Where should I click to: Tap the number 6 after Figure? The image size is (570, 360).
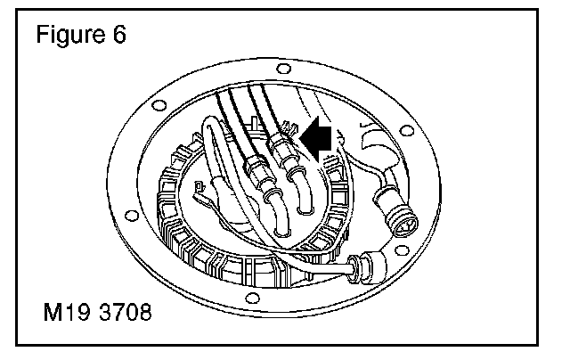pyautogui.click(x=118, y=37)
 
